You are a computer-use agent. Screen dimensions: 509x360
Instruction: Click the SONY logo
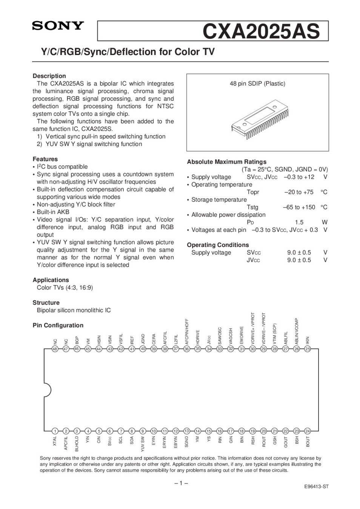(58, 26)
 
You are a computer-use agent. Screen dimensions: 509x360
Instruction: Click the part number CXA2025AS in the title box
(261, 31)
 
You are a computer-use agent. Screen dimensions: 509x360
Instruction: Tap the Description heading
(49, 76)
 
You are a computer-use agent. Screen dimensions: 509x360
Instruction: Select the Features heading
(45, 159)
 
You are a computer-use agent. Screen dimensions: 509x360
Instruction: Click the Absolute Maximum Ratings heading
(226, 162)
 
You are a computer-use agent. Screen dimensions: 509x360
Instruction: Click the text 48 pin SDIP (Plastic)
(257, 83)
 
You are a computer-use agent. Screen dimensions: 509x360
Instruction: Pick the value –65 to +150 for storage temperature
(299, 207)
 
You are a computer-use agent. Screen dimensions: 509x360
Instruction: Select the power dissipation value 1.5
(299, 222)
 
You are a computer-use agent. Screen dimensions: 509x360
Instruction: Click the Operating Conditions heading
(218, 245)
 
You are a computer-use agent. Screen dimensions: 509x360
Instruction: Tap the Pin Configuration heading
(58, 325)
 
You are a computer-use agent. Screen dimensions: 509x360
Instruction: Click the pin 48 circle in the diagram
(55, 349)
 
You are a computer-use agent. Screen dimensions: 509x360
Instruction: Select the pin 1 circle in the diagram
(55, 431)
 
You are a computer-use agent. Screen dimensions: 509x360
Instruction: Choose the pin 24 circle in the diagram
(308, 431)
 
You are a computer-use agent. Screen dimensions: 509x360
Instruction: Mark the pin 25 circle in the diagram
(308, 349)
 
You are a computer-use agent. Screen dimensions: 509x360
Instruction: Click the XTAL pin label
(55, 441)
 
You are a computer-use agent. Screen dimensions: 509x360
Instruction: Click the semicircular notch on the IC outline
(47, 390)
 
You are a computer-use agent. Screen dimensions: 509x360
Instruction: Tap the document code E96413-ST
(316, 486)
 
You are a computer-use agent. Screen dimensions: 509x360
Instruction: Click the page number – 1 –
(181, 483)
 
